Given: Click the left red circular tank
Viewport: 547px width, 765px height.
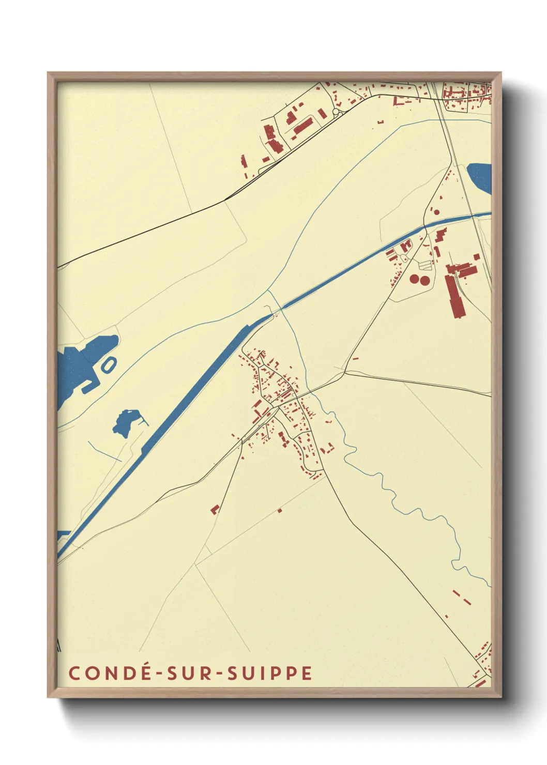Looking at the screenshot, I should (x=414, y=279).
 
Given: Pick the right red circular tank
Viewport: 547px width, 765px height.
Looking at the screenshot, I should (x=424, y=281).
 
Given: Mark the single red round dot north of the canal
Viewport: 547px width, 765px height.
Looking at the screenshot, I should (x=436, y=212).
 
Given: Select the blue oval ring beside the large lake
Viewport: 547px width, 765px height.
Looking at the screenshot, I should (x=108, y=365).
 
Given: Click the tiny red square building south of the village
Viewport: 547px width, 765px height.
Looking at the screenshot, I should (x=280, y=511).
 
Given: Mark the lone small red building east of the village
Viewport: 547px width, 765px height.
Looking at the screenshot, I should (x=355, y=358).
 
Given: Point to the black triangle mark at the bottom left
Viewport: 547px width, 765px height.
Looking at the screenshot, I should (x=58, y=645).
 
